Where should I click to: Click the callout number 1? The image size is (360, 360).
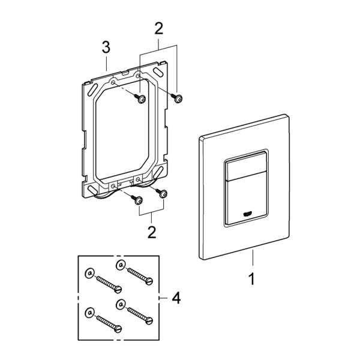point(252,279)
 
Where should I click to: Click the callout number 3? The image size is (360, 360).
point(106,47)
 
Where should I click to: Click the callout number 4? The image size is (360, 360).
point(176,298)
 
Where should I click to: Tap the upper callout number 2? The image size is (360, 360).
point(158,29)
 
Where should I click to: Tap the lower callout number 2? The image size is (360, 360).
point(152,232)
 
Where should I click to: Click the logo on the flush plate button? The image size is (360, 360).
point(248,214)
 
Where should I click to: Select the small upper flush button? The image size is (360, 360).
point(247,166)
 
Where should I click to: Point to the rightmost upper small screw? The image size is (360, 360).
point(176,98)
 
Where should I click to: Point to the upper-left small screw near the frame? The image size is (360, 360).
point(140,99)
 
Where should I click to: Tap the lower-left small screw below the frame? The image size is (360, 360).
point(136,200)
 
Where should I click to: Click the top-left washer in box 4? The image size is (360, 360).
point(90,273)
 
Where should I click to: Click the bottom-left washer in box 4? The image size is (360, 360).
point(90,313)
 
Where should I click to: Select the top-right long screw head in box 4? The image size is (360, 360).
point(149,281)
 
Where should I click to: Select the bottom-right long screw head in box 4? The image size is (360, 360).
point(149,320)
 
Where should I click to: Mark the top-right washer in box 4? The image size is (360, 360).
point(121,265)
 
